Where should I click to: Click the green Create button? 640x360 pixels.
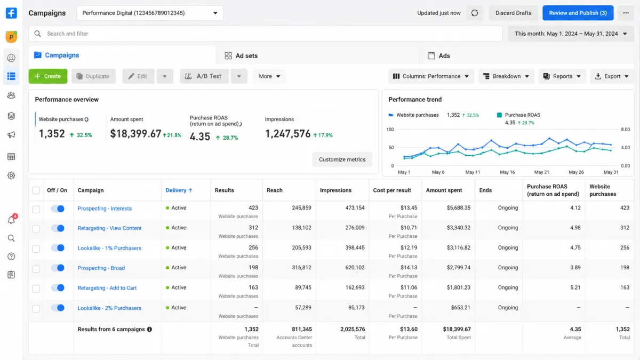47,76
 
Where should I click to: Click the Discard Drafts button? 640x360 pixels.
513,13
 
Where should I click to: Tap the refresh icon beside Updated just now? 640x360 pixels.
475,13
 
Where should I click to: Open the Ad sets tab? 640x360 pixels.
241,55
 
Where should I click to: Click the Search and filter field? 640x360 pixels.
265,34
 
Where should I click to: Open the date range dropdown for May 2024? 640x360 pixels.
571,34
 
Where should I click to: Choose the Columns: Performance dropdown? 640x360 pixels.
431,76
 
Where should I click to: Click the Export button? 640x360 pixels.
612,76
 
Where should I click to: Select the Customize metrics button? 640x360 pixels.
342,159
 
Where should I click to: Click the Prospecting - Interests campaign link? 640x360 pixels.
105,209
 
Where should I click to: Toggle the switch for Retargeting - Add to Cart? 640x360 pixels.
58,287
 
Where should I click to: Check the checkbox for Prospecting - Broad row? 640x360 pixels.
36,269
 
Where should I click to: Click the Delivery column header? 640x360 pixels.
179,190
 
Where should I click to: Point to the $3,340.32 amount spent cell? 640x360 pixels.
459,228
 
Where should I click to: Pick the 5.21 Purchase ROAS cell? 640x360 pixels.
575,287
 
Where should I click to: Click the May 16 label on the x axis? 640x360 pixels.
507,172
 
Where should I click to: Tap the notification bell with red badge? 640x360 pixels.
11,219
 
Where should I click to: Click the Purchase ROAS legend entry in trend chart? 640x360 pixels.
518,115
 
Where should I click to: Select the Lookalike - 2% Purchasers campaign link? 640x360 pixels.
109,308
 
